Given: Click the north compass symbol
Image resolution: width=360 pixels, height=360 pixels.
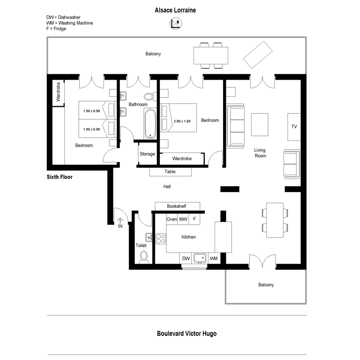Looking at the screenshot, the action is pos(175,23).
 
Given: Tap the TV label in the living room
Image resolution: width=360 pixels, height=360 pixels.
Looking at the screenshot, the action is pos(294,126).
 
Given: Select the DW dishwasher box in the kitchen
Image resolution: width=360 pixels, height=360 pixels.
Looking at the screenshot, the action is pos(185,258).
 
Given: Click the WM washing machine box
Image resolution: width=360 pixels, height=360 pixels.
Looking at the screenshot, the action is pos(213,258).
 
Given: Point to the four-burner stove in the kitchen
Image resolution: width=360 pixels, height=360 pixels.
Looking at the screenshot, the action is pos(161,238).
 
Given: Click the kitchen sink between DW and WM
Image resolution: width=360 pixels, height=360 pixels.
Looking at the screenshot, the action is pos(200,258).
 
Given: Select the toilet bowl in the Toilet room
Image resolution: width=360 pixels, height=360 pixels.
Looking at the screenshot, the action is pos(144,256).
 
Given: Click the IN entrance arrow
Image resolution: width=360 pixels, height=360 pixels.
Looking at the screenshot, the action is pos(120,220).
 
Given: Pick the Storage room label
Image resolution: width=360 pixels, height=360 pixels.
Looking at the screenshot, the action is pos(147,154).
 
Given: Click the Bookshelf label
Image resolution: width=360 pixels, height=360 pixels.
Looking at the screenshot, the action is pos(176,206).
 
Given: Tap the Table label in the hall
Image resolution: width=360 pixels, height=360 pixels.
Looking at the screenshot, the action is pos(170,171).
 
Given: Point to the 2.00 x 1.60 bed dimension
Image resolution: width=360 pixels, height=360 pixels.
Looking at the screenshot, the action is pos(182,121).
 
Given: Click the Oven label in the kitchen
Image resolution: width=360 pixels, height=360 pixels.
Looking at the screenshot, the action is pos(172,219).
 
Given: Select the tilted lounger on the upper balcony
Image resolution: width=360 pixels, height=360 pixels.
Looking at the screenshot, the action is pos(258,54).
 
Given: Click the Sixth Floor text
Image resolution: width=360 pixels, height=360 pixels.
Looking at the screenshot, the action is pos(59,177).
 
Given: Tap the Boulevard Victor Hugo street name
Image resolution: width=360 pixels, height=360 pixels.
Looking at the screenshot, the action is pos(187,333).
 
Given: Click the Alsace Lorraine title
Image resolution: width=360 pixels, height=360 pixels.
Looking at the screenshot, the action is pos(175,10).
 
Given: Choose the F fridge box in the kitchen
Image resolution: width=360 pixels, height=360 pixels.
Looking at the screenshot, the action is pos(194,219).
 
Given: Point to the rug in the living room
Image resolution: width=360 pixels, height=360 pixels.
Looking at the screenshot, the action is pos(260,125).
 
